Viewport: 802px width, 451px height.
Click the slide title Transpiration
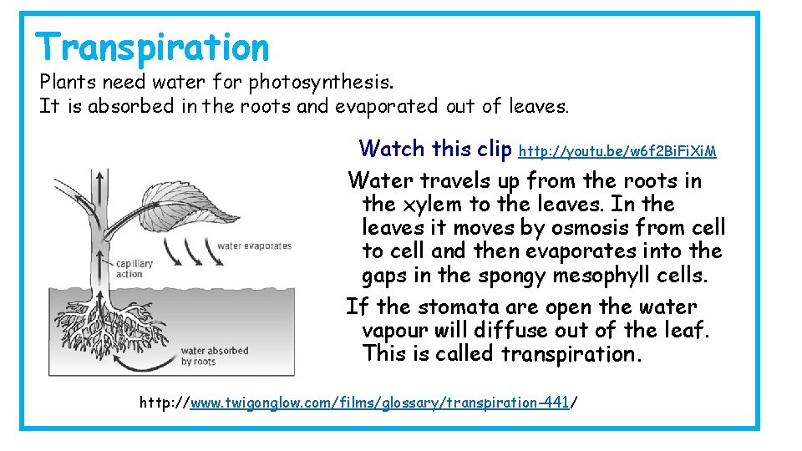click(153, 47)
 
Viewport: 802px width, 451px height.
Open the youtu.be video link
click(617, 151)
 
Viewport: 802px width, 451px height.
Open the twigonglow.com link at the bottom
click(380, 403)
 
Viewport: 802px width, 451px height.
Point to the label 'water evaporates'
click(254, 246)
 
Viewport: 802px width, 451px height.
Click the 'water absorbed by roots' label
click(215, 356)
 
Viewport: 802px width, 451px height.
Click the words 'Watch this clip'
click(434, 149)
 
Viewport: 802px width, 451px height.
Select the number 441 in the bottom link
click(555, 403)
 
